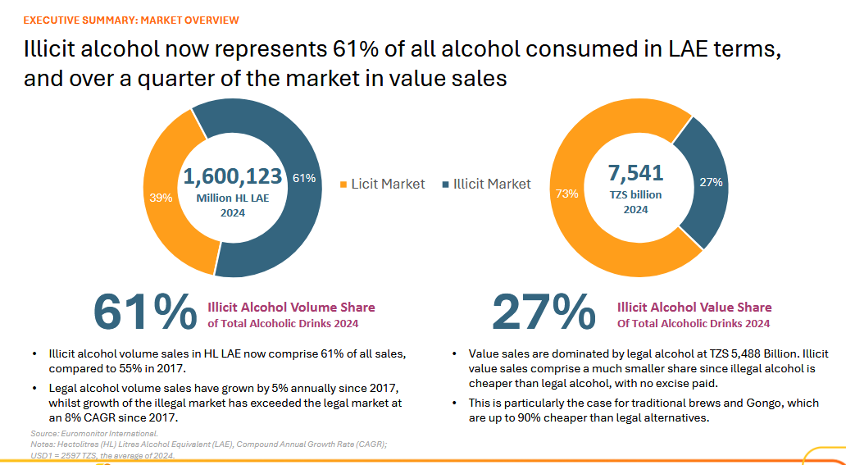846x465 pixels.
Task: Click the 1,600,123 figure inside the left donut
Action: (x=232, y=176)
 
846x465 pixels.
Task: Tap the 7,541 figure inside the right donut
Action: (x=635, y=173)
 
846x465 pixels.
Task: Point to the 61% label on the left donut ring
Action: (x=304, y=179)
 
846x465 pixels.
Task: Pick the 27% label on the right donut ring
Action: (x=710, y=182)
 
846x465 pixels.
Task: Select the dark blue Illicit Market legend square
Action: (x=445, y=185)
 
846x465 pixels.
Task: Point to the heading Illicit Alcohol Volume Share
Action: (x=291, y=308)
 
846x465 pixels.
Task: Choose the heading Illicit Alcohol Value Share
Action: (x=694, y=308)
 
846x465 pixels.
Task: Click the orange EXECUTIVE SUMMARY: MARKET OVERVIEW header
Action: (x=131, y=20)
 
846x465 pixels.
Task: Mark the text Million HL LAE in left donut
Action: (x=232, y=198)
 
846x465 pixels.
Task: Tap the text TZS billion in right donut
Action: (x=635, y=195)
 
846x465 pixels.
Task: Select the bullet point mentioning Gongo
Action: (x=644, y=410)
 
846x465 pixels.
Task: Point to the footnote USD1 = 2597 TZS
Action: (x=102, y=455)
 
